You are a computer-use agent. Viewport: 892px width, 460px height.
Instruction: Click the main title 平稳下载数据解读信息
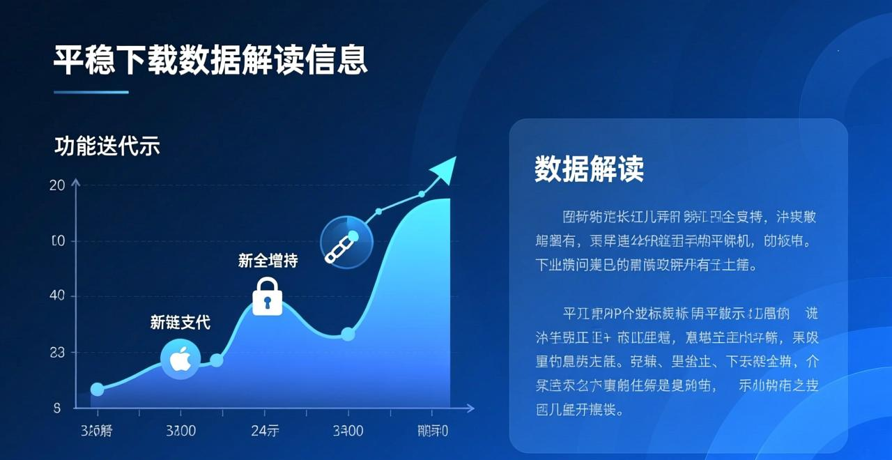pos(210,60)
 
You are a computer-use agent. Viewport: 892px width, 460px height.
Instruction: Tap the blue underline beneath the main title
pos(91,92)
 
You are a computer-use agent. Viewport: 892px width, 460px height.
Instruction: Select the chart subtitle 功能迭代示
pos(107,146)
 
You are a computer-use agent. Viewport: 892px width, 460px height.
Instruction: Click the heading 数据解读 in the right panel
pos(589,169)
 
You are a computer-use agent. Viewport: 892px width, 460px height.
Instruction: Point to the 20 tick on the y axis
pos(57,185)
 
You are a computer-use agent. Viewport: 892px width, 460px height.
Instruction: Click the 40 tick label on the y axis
pos(57,296)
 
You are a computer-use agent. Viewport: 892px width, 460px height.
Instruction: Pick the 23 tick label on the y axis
pos(57,353)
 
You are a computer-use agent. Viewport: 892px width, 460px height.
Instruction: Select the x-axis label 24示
pos(265,431)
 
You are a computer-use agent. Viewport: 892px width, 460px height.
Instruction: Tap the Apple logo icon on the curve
pos(180,360)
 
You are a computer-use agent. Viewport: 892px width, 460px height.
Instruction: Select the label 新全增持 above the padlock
pos(268,261)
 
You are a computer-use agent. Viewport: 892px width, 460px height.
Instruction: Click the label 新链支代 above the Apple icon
pos(180,322)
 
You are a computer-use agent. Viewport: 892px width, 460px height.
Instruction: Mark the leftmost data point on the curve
pos(98,389)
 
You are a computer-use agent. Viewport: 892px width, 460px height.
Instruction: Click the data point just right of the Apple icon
pos(217,360)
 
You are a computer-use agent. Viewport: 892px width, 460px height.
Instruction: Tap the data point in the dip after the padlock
pos(348,334)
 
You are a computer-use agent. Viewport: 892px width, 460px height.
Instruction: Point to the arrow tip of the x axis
pos(472,408)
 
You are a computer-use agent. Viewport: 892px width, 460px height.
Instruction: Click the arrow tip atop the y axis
pos(76,182)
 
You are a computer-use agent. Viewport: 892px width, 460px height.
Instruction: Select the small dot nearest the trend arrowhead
pos(422,194)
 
